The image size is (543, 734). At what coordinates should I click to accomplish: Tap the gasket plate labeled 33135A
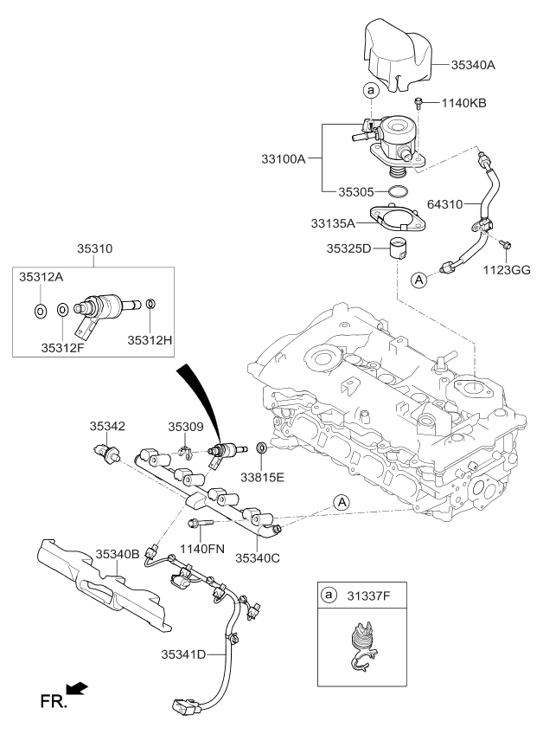point(399,218)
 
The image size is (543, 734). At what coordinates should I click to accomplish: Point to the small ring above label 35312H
point(150,304)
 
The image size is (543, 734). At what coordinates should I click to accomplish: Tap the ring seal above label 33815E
point(261,449)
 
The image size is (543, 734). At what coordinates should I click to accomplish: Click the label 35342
point(108,426)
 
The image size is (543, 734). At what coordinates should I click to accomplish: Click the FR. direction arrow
point(77,687)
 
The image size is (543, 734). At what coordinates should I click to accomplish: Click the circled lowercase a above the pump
point(370,90)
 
